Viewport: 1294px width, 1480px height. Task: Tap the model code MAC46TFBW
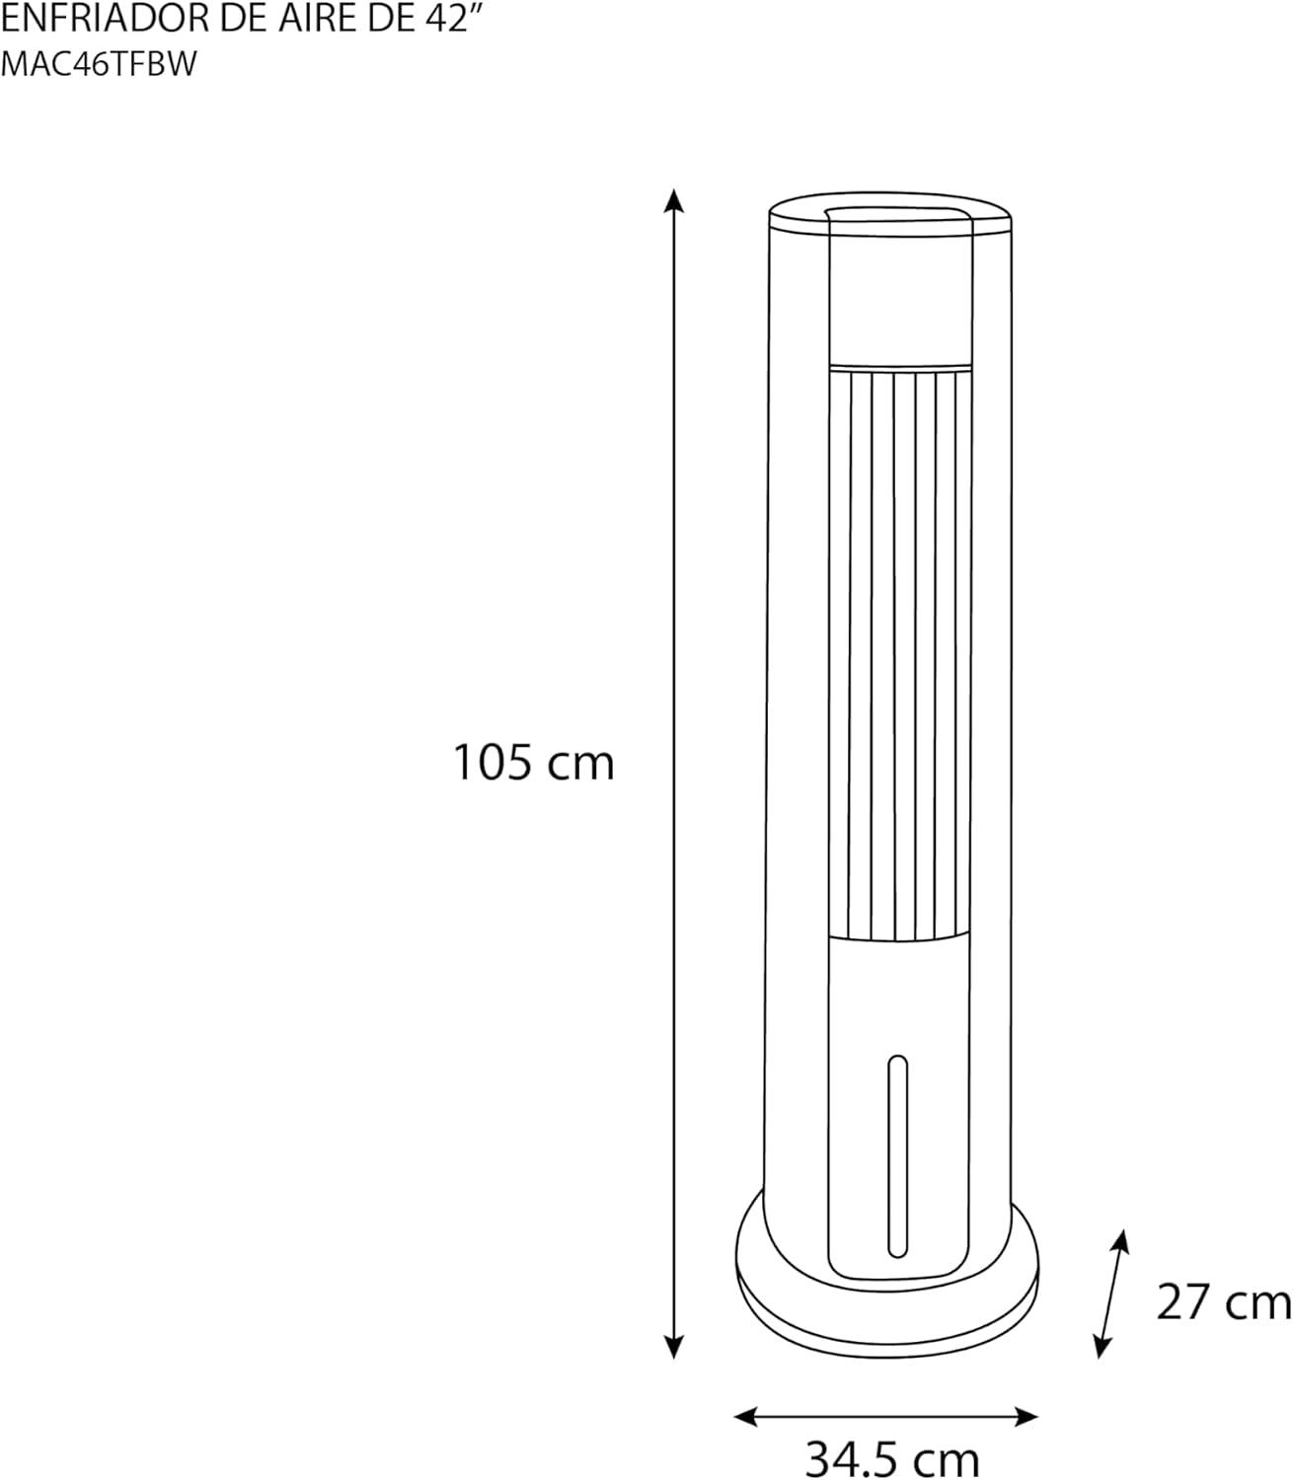click(99, 64)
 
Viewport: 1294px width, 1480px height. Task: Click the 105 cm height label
click(533, 762)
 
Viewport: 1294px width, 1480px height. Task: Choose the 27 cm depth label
click(1224, 1301)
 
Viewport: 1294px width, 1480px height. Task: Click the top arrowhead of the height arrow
click(674, 200)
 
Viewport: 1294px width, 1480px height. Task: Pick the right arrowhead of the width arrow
click(1026, 1416)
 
